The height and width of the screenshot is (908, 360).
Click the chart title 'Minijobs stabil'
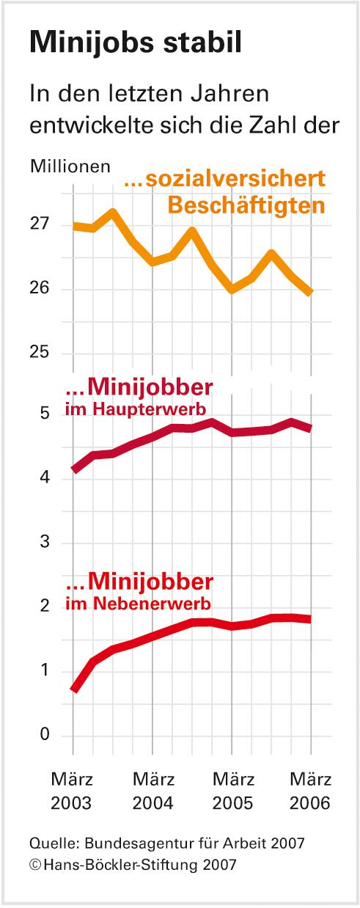coord(136,43)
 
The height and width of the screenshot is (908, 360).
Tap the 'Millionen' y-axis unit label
coord(70,166)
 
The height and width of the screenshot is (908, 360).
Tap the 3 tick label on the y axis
coord(45,542)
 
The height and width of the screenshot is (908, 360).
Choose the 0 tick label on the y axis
coord(45,735)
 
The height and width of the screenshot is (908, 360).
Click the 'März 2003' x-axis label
coord(72,790)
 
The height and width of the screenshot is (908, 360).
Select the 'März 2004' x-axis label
coord(153,790)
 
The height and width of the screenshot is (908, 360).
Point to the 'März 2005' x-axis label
coord(232,790)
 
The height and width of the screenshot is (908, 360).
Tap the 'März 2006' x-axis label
coord(309,790)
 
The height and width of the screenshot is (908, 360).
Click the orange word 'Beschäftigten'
coord(246,205)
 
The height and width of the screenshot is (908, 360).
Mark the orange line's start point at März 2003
coord(74,226)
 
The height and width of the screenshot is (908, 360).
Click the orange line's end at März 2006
coord(311,292)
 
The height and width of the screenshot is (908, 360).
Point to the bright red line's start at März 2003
coord(74,689)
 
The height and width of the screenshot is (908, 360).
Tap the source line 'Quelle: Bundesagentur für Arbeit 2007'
coord(167,843)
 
